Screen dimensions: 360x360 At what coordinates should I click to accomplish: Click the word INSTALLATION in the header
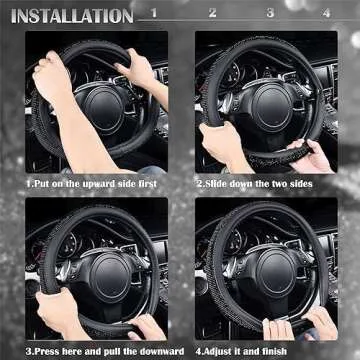[70, 15]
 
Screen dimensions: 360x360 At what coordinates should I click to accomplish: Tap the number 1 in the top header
[153, 13]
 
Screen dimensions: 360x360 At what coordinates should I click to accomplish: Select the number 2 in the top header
[212, 13]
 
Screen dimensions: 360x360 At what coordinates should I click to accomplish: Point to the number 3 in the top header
[270, 13]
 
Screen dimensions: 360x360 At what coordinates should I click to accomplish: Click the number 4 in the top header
[326, 13]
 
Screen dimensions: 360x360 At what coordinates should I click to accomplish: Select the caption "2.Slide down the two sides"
[254, 185]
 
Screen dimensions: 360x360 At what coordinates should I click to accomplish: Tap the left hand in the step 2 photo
[218, 140]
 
